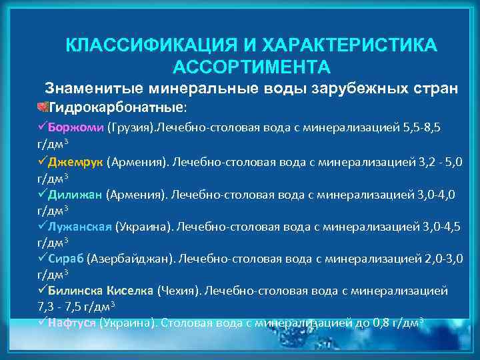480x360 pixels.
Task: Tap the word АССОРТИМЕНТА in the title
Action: [x=251, y=67]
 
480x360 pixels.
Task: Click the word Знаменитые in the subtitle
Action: [x=94, y=88]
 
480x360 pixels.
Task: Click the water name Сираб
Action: [x=66, y=258]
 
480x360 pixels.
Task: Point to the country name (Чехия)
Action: [x=178, y=291]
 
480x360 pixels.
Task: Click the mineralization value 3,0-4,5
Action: [x=441, y=226]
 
